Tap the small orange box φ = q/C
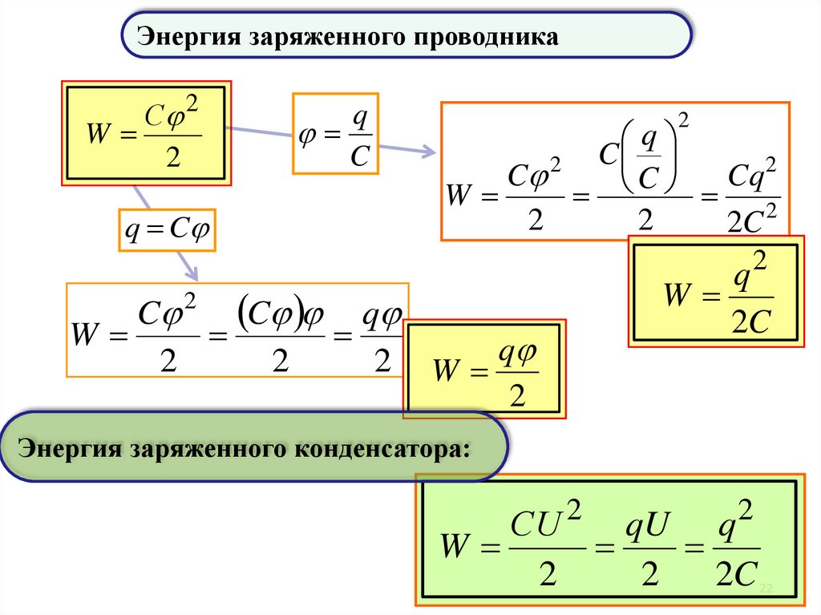point(335,133)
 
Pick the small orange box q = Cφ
point(168,231)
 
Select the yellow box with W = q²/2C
point(716,291)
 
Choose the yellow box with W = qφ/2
point(484,369)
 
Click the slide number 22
point(765,589)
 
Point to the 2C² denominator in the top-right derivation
point(751,220)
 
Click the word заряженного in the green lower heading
point(204,447)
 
